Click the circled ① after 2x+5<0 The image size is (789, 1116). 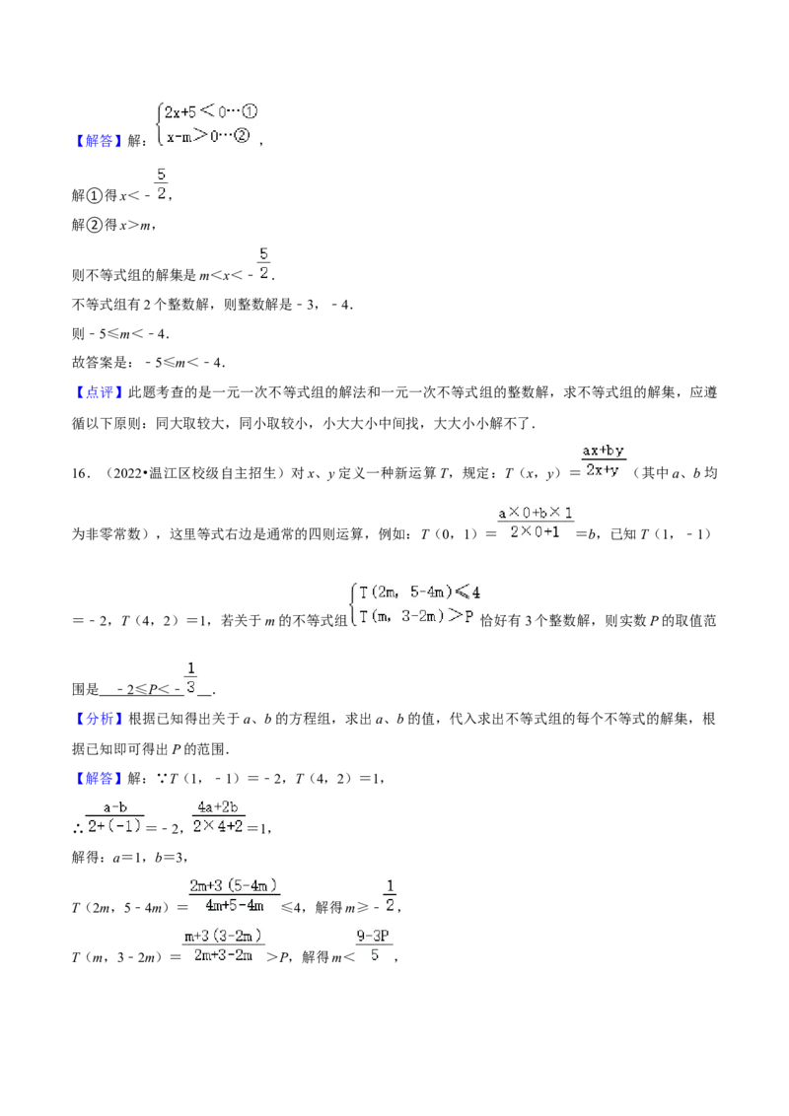coord(250,111)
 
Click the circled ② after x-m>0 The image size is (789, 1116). coord(242,135)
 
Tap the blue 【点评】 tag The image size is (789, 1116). coord(99,392)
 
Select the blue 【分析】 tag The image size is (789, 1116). coord(99,719)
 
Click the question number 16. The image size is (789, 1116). coord(80,473)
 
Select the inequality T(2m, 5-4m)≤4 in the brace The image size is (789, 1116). coord(420,593)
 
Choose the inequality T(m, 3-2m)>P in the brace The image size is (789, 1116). coord(416,616)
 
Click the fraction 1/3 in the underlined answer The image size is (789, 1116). coord(191,677)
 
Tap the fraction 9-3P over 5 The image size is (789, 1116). coord(375,945)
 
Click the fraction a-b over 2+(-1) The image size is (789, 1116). coord(114,816)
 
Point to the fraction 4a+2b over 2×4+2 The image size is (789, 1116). coord(219,816)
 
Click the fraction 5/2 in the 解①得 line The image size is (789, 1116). coord(161,183)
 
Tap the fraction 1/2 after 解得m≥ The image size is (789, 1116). coord(390,895)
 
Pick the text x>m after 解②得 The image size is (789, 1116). coord(135,225)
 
